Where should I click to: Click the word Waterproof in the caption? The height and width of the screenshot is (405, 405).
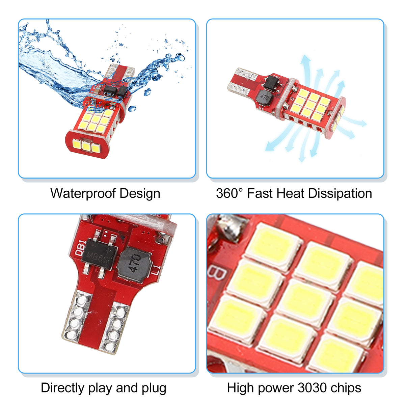point(83,193)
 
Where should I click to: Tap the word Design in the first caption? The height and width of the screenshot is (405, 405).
point(140,193)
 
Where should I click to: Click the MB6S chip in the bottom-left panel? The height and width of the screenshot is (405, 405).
point(99,254)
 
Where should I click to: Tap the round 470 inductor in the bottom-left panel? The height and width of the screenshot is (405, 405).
point(135,264)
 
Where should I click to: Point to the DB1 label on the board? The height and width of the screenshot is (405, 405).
point(80,248)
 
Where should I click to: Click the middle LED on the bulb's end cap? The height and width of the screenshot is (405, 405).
point(86,145)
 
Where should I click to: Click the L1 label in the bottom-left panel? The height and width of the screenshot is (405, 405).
point(157,271)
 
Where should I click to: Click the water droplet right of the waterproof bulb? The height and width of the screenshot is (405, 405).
point(147,92)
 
